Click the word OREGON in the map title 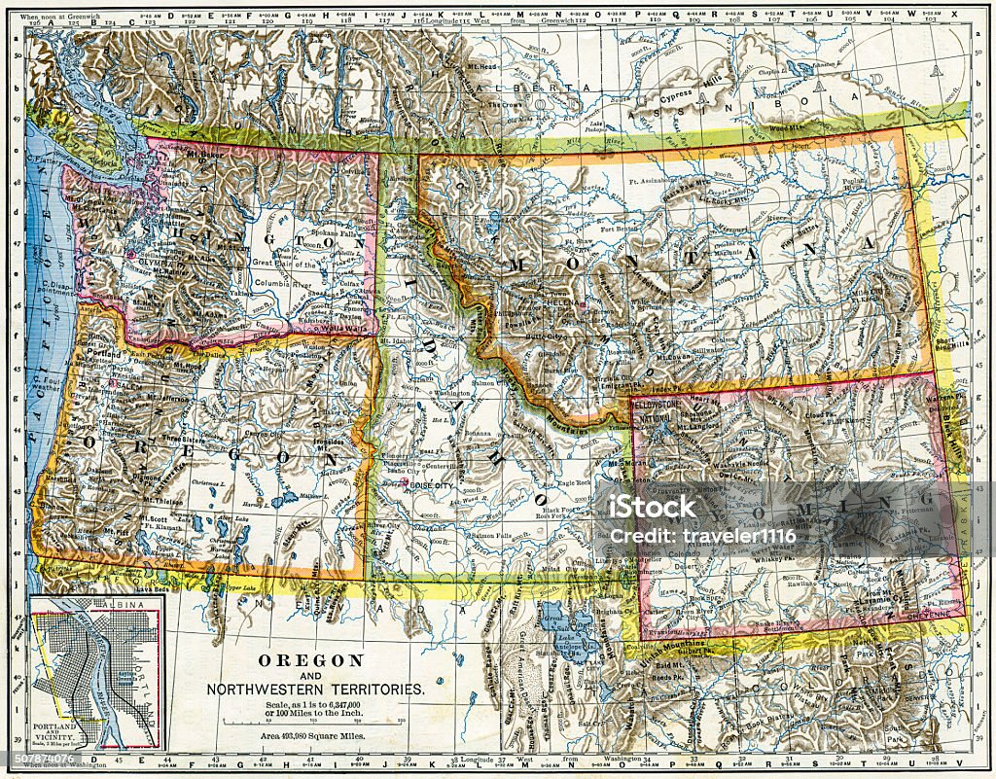(x=310, y=660)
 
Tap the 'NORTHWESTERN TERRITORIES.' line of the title (x=315, y=689)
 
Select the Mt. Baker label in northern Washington (x=201, y=153)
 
